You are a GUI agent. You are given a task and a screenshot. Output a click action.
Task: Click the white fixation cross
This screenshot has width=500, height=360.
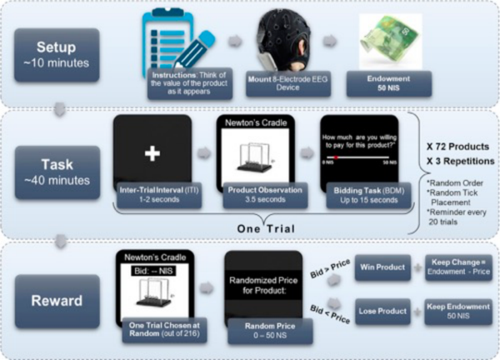click(x=153, y=153)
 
